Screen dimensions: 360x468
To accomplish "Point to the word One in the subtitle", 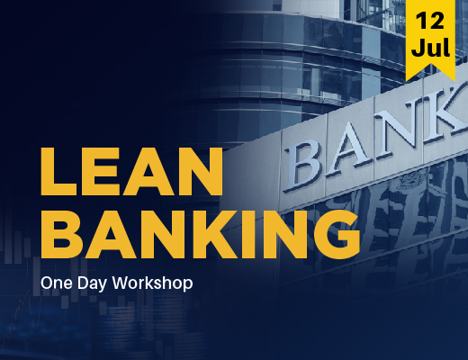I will click(56, 282).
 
